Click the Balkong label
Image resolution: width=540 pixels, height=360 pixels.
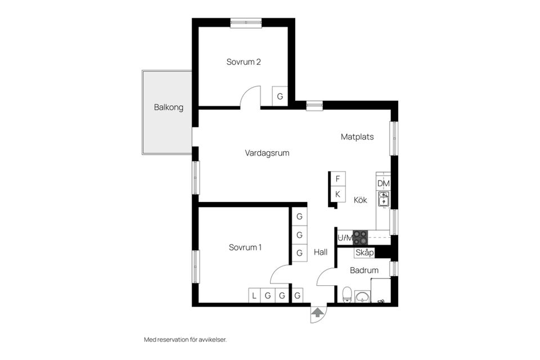coord(169,107)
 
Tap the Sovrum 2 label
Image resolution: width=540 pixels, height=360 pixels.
coord(244,62)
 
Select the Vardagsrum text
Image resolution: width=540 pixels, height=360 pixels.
coord(267,152)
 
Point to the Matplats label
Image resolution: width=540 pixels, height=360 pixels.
coord(357,137)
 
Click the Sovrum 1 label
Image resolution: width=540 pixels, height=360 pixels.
coord(245,247)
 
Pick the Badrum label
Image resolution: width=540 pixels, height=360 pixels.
coord(364,271)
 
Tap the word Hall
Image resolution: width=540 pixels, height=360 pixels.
coord(321,253)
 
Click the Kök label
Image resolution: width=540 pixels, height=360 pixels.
coord(361,199)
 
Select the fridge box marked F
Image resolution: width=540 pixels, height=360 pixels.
coord(337,179)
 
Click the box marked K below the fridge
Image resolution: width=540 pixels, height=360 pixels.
coord(337,194)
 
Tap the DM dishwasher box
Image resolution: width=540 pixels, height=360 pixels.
coord(384,183)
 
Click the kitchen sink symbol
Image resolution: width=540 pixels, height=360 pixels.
coord(384,199)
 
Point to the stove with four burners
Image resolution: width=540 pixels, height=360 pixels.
coord(360,237)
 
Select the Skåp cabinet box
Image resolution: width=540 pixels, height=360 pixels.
coord(364,253)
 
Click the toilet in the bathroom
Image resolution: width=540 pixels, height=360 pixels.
coord(347,295)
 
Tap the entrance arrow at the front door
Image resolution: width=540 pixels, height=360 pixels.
coord(318,312)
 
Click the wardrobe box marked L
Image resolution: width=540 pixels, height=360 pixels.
coord(254,295)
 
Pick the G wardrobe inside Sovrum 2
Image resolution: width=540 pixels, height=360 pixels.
coord(280,96)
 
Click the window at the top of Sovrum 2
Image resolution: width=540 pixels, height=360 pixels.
coord(246,22)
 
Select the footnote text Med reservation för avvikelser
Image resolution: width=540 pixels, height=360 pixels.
coord(185,340)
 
